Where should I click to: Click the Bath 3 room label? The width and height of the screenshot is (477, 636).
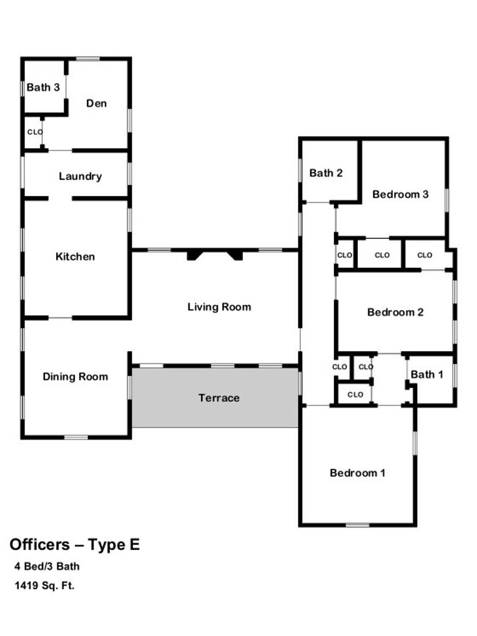coord(43,87)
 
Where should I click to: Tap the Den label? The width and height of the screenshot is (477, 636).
coord(96,104)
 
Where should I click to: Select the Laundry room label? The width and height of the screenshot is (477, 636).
coord(80,176)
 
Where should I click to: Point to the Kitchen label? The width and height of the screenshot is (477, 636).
coord(75,256)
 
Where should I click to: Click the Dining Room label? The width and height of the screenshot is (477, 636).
coord(76,377)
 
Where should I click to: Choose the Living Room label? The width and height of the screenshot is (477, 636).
coord(219,307)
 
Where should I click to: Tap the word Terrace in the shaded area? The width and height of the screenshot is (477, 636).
coord(219,398)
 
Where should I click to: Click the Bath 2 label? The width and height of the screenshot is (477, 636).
coord(326,173)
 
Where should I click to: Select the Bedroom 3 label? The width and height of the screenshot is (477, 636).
coord(400,194)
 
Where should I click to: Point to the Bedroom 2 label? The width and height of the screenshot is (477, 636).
coord(395,312)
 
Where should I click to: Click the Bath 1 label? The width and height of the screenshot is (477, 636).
coord(427,374)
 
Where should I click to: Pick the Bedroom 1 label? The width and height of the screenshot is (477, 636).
coord(357,473)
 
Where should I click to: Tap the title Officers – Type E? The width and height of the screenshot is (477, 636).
coord(74,544)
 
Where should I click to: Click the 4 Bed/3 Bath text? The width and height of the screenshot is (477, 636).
coord(47,566)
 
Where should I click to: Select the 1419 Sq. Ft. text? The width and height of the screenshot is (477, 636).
coord(45,586)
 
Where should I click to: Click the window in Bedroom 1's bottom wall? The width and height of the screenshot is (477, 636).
coord(357,525)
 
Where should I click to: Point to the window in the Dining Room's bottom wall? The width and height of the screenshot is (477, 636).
coord(76,437)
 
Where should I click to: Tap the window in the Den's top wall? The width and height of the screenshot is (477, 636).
coord(88,59)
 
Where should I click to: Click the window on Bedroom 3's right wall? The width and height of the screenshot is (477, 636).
coord(447,200)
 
